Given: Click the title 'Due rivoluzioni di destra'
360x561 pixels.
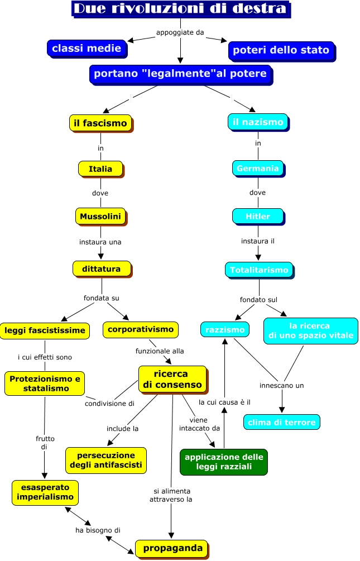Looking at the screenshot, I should coord(180,9).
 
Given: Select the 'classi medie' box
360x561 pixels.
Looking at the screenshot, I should coord(87,49).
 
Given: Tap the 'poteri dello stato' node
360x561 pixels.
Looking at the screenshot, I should coord(281,50).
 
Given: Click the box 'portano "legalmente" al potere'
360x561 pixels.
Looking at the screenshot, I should coord(180,74).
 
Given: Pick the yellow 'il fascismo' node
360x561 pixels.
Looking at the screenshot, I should coord(101,123).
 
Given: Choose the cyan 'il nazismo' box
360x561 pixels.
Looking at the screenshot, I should coord(258,122).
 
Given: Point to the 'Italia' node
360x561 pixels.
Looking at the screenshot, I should coord(100,169).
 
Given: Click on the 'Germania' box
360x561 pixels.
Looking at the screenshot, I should coord(257,168).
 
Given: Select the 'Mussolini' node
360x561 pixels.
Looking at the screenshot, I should coord(100,216).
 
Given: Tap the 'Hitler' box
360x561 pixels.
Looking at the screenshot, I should coord(257,216).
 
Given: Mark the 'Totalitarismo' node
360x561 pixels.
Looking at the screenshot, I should coord(259,270).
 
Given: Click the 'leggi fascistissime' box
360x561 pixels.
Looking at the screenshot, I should coord(45,330).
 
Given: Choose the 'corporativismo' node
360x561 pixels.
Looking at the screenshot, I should coord(141,329).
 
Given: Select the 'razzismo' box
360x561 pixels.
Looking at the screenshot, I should coord(225,329).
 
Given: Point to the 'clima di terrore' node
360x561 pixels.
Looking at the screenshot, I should coord(281,422).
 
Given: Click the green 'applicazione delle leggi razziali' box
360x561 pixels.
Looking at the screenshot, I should coord(223,462).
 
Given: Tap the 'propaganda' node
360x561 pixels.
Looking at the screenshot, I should coord(172,548).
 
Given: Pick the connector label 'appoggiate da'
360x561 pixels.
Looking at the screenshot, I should coord(180,32).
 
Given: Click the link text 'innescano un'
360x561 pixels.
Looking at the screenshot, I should coord(281,385).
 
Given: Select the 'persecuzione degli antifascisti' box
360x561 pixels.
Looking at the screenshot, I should coord(105,460).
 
